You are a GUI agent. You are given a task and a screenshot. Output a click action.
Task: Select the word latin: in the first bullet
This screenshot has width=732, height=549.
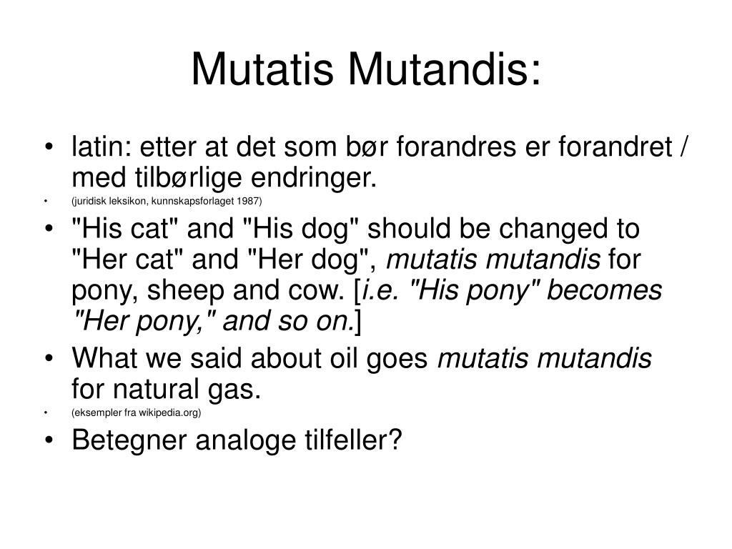(x=101, y=149)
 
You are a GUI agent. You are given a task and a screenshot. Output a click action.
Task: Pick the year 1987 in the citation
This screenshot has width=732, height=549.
(x=252, y=201)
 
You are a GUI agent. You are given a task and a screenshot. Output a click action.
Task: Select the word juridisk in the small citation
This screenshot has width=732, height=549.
(x=91, y=201)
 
